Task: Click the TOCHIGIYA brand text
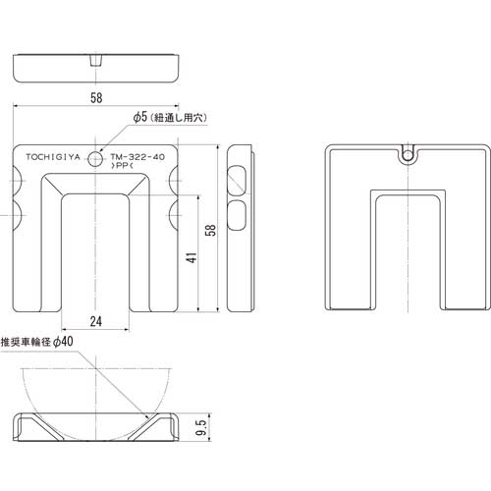tap(53, 157)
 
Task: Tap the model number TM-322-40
tap(137, 157)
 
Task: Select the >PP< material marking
tap(123, 166)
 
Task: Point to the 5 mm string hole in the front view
tap(95, 159)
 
